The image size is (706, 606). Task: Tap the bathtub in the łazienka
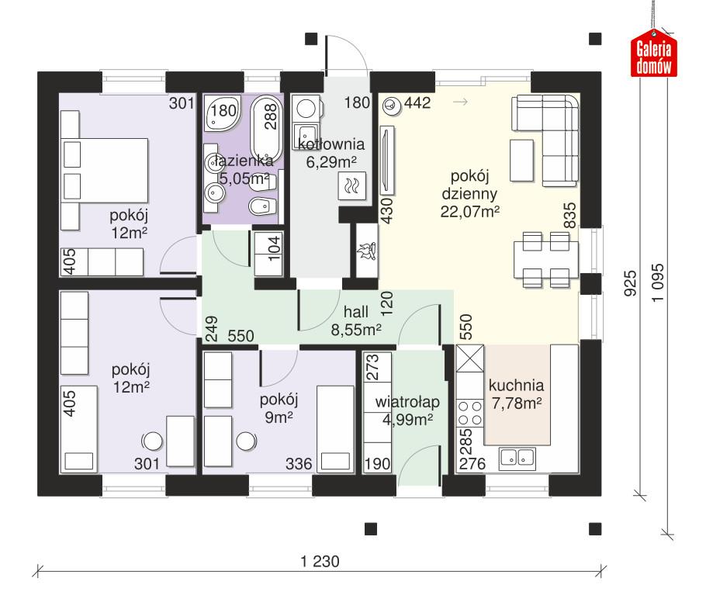pos(267,123)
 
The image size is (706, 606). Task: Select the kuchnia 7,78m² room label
pos(516,393)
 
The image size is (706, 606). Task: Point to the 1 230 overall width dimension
pos(320,559)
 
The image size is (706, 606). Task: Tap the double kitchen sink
pos(517,458)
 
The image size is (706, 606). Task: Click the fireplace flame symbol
pos(366,251)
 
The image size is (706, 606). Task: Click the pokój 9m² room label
pos(279,408)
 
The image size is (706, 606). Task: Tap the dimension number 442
pos(417,103)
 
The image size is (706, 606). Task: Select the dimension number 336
pos(299,464)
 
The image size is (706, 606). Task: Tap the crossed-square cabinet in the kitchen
pos(469,360)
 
